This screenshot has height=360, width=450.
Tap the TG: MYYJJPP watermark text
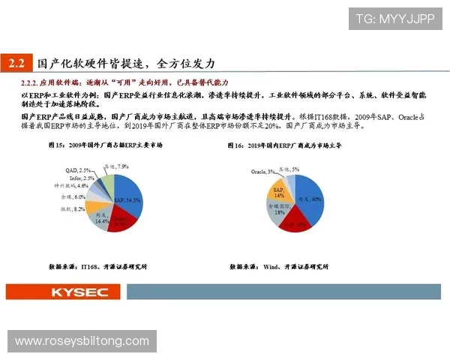(x=395, y=19)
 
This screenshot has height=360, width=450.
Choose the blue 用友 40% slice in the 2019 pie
(x=310, y=196)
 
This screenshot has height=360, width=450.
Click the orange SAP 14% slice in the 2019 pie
(x=280, y=192)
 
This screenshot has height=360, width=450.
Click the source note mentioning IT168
(x=97, y=266)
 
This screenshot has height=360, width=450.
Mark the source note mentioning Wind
(x=279, y=266)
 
